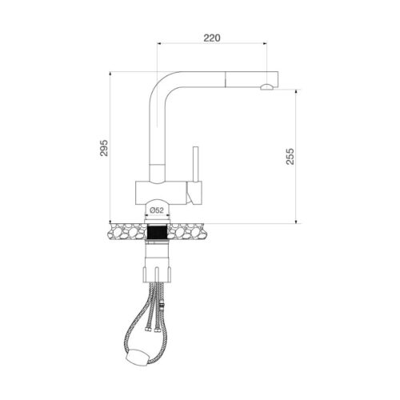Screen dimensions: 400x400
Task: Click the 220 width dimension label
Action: [x=211, y=37]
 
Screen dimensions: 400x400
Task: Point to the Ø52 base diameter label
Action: [x=157, y=210]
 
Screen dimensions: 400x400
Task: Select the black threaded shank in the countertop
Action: [x=158, y=234]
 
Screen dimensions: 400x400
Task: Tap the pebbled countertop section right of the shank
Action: [x=192, y=233]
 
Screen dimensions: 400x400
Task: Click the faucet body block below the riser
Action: [x=164, y=190]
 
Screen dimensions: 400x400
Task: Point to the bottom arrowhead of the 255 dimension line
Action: [x=297, y=221]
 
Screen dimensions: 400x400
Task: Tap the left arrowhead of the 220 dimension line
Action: [x=159, y=44]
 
